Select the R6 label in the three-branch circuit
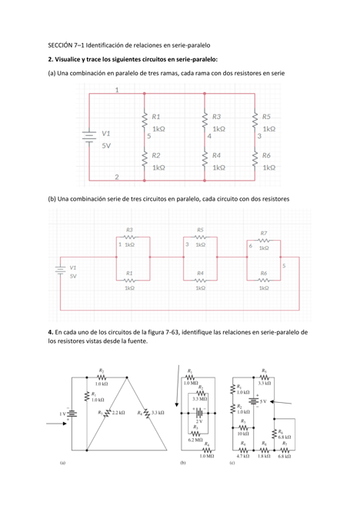point(266,155)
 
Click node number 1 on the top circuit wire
point(116,89)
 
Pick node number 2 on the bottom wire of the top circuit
point(116,177)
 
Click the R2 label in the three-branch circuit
point(155,155)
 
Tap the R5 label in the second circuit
point(200,229)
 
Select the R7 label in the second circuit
point(264,232)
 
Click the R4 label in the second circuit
point(200,273)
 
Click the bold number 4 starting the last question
point(50,331)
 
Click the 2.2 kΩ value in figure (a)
point(118,413)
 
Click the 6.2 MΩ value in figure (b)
point(195,440)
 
